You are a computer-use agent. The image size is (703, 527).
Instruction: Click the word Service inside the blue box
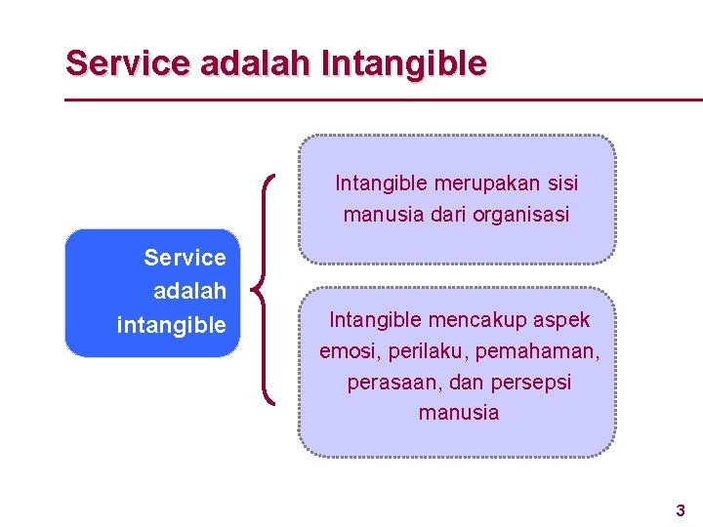(x=185, y=258)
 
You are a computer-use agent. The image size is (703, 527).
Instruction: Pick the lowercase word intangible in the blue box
(x=171, y=325)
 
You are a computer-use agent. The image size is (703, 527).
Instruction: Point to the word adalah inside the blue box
(x=189, y=291)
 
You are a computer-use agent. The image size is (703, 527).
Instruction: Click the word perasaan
(x=388, y=382)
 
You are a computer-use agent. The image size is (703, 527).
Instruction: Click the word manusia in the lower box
(x=458, y=413)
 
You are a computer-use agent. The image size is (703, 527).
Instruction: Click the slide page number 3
(x=681, y=509)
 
